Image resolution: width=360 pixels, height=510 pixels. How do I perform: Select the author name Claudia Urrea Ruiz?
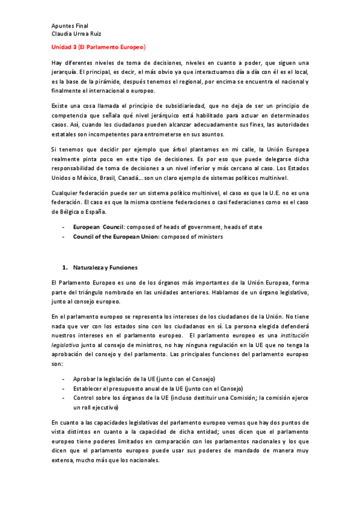pyautogui.click(x=77, y=34)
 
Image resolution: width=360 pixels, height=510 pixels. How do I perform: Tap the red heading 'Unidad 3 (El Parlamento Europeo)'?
pyautogui.click(x=99, y=46)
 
